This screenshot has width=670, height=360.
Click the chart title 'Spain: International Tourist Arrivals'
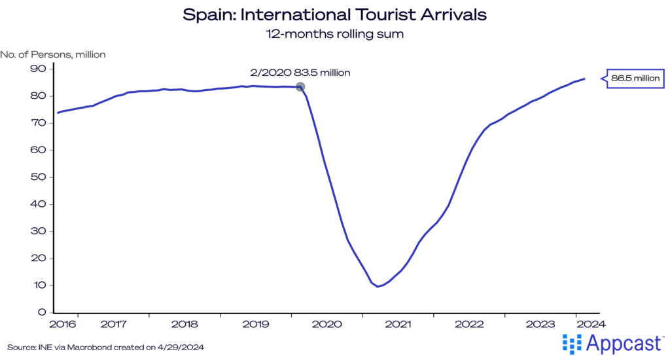335,14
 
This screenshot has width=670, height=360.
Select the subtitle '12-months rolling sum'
335,34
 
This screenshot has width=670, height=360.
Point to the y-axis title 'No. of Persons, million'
53,54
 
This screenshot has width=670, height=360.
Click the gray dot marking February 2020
300,86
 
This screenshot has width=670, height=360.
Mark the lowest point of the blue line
378,287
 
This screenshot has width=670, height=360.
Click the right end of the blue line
584,79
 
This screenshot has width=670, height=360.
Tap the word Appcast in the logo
625,343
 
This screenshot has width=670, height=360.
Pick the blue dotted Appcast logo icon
573,343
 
